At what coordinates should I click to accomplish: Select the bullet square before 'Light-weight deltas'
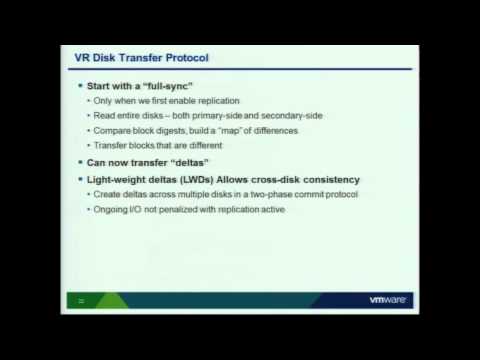coord(84,179)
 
